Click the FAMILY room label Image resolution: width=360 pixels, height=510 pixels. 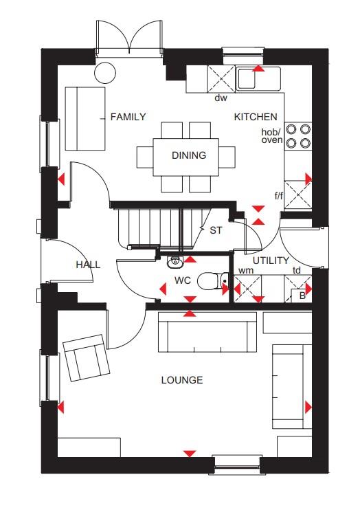(x=128, y=117)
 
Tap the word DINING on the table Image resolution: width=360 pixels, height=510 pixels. (x=189, y=155)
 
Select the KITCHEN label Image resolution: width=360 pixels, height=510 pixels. (x=256, y=117)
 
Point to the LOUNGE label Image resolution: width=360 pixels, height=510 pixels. (x=182, y=379)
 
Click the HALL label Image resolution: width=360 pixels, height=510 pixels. (x=88, y=265)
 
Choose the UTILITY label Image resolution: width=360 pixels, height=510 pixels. (x=270, y=260)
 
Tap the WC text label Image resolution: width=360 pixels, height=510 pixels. (x=182, y=280)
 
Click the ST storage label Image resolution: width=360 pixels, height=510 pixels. (x=216, y=230)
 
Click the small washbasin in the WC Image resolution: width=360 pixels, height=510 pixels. (x=175, y=260)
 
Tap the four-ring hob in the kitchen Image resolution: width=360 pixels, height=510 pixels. (x=297, y=135)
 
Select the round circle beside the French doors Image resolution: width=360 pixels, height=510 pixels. (x=105, y=71)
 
